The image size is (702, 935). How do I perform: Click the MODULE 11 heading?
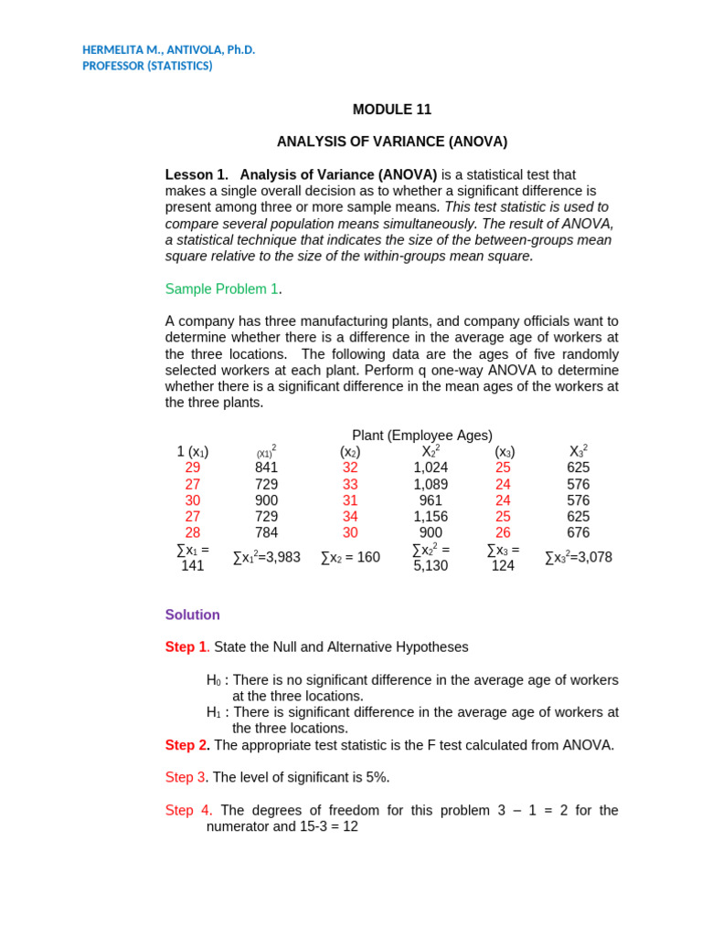click(392, 110)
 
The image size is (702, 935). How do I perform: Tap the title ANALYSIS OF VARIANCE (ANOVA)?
click(392, 142)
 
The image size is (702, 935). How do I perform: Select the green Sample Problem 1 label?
click(222, 289)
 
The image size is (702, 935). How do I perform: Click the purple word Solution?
click(192, 615)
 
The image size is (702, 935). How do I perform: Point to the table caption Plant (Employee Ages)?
click(422, 436)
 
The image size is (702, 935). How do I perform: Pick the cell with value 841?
click(267, 467)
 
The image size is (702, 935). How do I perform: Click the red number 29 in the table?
click(193, 467)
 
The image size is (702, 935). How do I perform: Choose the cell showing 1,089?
click(431, 484)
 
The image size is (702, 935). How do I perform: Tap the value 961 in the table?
click(431, 500)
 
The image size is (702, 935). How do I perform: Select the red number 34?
click(350, 517)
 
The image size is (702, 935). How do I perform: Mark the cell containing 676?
click(579, 533)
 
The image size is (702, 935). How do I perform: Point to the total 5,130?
click(431, 565)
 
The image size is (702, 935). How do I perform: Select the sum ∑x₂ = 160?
click(350, 557)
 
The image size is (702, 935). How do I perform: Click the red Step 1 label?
click(186, 646)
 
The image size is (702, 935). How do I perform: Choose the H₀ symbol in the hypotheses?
click(214, 680)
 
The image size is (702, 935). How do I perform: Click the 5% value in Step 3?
click(378, 777)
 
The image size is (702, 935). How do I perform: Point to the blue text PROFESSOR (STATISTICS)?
click(147, 66)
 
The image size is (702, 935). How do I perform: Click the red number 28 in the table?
click(193, 533)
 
